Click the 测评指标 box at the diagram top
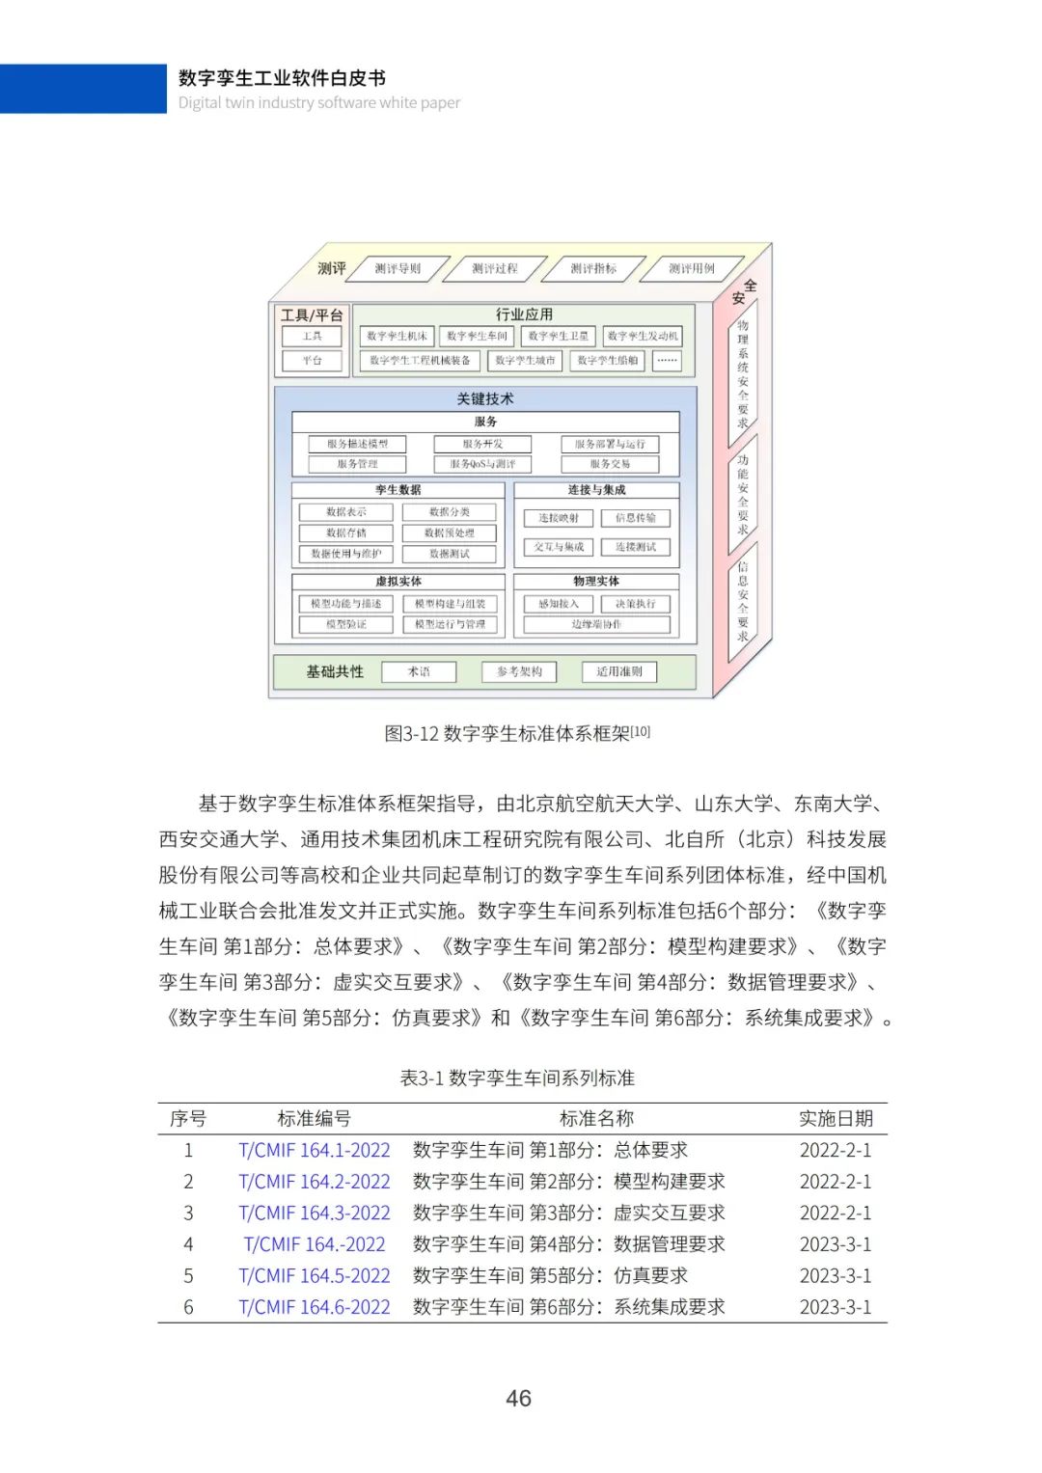click(593, 268)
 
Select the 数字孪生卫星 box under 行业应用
click(559, 336)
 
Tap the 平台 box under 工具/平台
click(312, 360)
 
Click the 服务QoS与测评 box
click(482, 464)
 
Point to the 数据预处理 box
click(450, 532)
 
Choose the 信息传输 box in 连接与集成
click(635, 518)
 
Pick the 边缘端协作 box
click(596, 624)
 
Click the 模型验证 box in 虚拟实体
click(346, 624)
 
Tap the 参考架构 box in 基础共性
click(519, 671)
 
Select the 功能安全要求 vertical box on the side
click(743, 494)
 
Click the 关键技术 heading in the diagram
click(485, 398)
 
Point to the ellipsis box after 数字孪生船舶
click(667, 360)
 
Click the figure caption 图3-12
click(517, 733)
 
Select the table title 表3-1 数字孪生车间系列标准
click(517, 1077)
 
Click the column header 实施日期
click(836, 1118)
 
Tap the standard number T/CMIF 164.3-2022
click(315, 1213)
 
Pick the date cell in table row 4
click(836, 1244)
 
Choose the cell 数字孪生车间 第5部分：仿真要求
click(550, 1275)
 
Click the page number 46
click(519, 1398)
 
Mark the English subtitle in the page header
click(319, 102)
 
